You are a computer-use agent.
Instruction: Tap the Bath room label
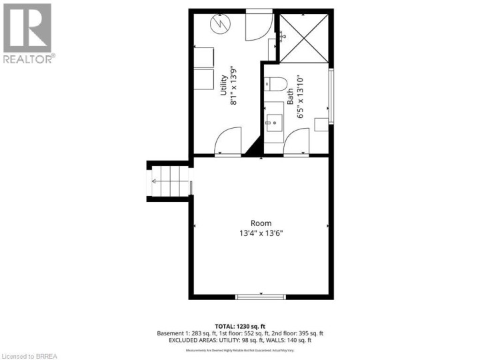[290, 100]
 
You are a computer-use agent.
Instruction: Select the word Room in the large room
[261, 223]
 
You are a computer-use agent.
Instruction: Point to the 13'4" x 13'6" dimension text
[261, 233]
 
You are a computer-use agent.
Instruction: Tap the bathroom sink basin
[274, 121]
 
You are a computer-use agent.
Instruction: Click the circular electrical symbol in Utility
[219, 25]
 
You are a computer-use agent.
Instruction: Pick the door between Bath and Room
[297, 141]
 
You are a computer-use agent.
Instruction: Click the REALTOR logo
[28, 33]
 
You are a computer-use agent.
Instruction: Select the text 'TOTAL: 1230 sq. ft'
[240, 325]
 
